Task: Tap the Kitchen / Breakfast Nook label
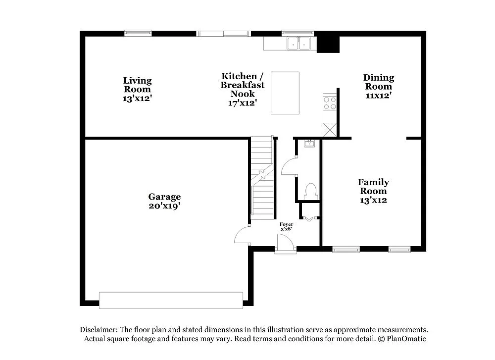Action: (243, 89)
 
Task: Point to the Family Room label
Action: (373, 191)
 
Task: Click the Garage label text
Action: (164, 201)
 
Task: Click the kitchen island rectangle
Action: (285, 93)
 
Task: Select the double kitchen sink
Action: (299, 44)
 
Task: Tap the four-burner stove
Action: (330, 103)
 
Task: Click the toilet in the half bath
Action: (311, 190)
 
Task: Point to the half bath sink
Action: (309, 144)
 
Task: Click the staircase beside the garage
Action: (262, 178)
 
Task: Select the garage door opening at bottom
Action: (171, 300)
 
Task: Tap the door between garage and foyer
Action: (243, 235)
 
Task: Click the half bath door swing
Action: (289, 166)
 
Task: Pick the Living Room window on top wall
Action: (138, 33)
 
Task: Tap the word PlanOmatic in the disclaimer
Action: (405, 339)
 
